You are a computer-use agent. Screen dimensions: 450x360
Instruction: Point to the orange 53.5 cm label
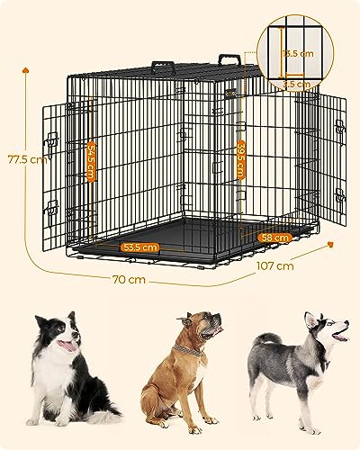141,247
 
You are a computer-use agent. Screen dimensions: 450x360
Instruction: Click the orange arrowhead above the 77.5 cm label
24,68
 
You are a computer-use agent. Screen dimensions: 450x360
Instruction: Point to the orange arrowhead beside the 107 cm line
331,243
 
